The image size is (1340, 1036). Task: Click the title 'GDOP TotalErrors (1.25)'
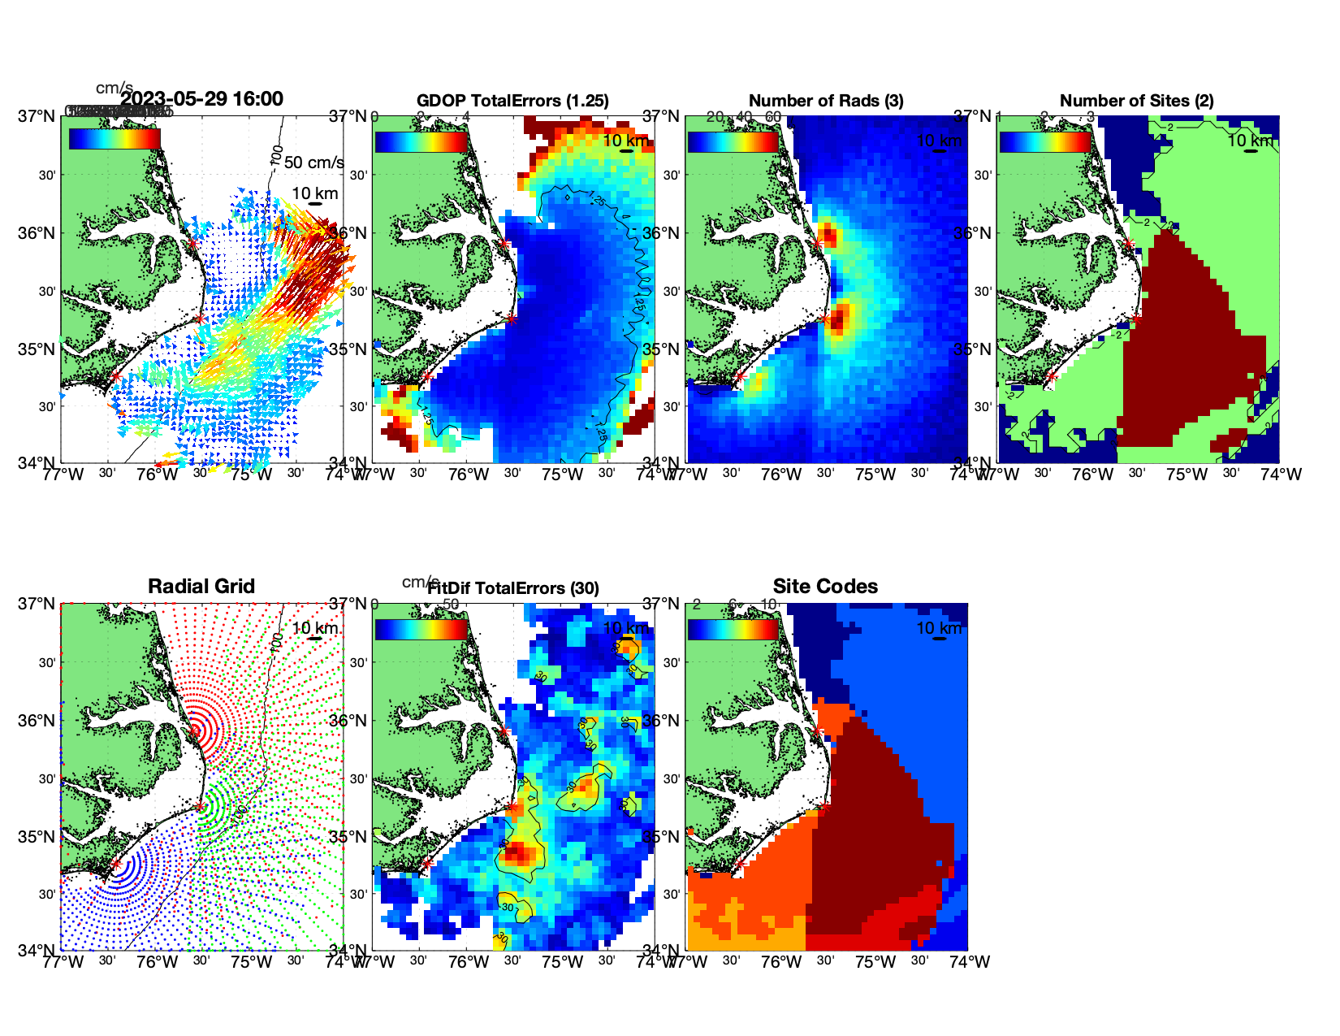[x=512, y=101]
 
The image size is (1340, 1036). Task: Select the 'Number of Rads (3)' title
[x=826, y=101]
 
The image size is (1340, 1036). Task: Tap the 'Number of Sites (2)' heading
[x=1136, y=101]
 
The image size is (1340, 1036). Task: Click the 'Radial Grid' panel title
[x=201, y=587]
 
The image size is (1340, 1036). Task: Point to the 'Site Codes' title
[x=825, y=587]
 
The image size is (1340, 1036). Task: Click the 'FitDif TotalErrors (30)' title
[x=513, y=588]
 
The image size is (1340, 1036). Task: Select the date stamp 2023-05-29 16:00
[x=202, y=99]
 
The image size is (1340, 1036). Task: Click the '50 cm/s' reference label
[x=313, y=163]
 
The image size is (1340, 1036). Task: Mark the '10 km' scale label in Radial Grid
[x=314, y=628]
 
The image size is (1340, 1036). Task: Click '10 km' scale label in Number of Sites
[x=1249, y=141]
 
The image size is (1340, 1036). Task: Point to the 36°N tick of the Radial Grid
[x=37, y=721]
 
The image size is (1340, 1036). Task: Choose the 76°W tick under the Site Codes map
[x=781, y=962]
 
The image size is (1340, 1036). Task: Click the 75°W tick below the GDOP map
[x=563, y=475]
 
